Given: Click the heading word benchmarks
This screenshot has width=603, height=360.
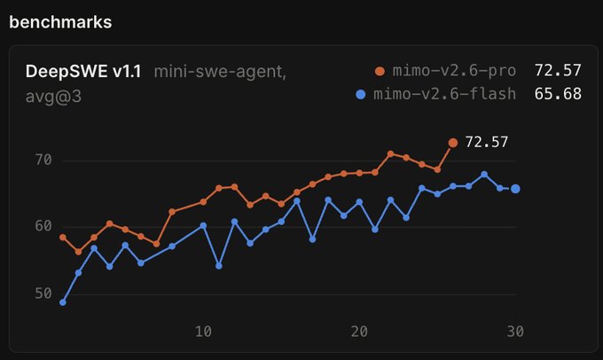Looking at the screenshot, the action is point(60,22).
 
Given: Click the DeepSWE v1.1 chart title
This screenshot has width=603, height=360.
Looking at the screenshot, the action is point(83,72).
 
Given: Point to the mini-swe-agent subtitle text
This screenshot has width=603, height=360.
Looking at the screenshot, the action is point(220,72).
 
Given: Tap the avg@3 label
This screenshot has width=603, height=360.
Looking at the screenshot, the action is point(53,97).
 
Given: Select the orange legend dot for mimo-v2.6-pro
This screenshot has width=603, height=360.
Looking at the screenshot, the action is point(380,71).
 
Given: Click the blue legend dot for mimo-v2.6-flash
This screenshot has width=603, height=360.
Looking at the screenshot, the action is point(360,95).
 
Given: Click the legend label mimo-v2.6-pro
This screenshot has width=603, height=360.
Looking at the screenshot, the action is point(454,71).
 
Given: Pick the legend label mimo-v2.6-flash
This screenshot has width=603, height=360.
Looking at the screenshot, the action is point(444,94).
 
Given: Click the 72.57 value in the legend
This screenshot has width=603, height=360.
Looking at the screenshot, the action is point(558,71).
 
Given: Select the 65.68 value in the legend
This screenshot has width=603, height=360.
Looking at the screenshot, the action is point(558,94).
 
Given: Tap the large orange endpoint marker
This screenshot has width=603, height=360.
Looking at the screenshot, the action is point(453,143).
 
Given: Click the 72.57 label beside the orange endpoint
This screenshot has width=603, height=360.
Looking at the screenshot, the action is point(487,142).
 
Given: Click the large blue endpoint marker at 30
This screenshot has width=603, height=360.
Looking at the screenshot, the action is point(515,189).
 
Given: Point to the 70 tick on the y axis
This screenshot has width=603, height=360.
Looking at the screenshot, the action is point(43,160).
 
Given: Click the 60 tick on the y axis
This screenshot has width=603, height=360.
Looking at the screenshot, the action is point(43,226).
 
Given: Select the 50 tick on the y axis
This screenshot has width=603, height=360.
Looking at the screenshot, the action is point(43,293).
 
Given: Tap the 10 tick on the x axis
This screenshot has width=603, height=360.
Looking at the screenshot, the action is point(203,332).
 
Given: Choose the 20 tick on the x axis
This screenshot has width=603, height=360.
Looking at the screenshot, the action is point(359,332).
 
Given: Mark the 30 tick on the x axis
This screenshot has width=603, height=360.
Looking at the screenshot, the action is point(515,332).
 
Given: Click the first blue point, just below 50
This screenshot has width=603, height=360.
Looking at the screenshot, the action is point(63,302).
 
